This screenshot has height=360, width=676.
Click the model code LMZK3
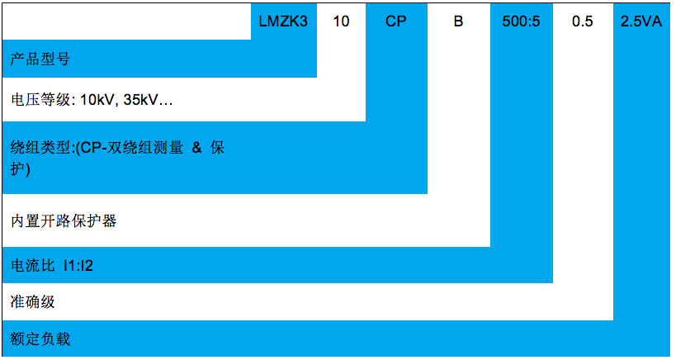[284, 22]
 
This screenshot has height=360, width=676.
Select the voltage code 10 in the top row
[341, 22]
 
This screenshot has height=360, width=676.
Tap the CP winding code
[396, 22]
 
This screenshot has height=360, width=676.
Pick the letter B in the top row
[459, 22]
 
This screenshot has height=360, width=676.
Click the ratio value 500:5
[521, 22]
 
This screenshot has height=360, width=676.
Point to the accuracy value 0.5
[583, 22]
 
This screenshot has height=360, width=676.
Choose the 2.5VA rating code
[641, 22]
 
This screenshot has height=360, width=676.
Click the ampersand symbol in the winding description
[196, 149]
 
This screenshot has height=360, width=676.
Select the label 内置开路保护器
[64, 221]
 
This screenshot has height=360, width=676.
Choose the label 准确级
[33, 301]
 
